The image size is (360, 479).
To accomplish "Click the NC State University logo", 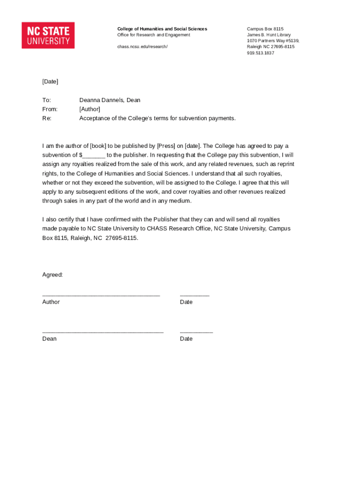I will point(48,35).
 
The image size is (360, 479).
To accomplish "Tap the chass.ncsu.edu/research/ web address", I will point(142,47).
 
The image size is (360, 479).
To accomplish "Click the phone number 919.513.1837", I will point(260,53).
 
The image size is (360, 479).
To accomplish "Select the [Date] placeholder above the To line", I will point(50,81).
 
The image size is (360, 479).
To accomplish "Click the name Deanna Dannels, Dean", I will point(110,100).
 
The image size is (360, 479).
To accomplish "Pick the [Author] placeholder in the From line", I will point(90,109).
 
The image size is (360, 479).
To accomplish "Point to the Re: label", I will point(47,118).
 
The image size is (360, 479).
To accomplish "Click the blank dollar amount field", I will point(94,155).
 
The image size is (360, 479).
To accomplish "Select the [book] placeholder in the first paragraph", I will point(98,146).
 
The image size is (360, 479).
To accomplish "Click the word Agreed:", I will point(52,275).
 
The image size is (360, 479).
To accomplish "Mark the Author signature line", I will point(101,295).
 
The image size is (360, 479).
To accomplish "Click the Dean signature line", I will point(103,331).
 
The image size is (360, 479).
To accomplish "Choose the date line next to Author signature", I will point(194,295).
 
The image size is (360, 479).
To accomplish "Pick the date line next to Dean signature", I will point(196,331).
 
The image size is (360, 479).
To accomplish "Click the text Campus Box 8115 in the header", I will point(265,29).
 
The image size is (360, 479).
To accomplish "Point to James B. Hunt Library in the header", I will point(269,35).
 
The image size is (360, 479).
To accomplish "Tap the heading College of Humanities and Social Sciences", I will point(162,29).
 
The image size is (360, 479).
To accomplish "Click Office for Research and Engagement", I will point(153,35).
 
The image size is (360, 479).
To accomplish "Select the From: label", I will point(50,109).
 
